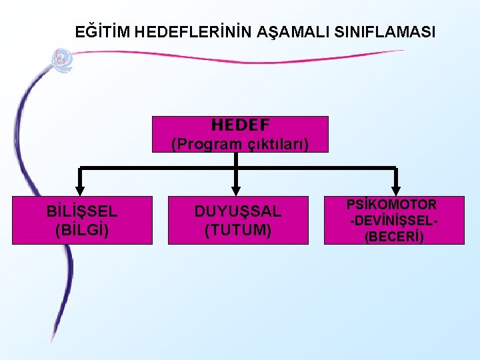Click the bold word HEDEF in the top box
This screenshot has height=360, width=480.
pyautogui.click(x=240, y=125)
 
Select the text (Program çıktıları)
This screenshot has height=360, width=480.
pyautogui.click(x=240, y=143)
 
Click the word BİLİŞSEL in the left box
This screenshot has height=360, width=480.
pyautogui.click(x=82, y=212)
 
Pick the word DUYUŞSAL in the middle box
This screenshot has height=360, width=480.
pyautogui.click(x=238, y=212)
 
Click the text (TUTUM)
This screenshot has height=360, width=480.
pyautogui.click(x=238, y=230)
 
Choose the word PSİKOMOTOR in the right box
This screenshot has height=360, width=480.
pyautogui.click(x=391, y=205)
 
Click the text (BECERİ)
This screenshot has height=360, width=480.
pyautogui.click(x=393, y=237)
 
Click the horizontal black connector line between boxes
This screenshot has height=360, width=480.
pyautogui.click(x=160, y=167)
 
